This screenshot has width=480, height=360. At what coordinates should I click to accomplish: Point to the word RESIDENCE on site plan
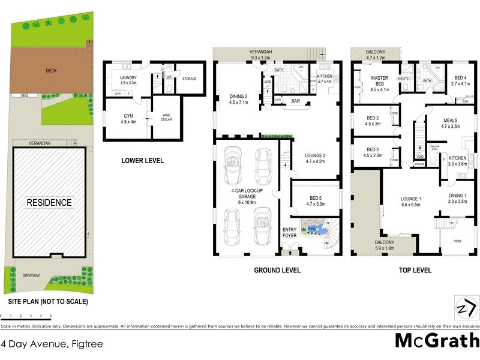tap(49, 203)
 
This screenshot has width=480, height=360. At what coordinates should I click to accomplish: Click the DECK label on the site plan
tap(51, 70)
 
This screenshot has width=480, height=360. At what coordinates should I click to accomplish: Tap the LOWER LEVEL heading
tap(142, 161)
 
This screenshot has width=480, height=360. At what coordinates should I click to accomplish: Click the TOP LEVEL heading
tap(415, 271)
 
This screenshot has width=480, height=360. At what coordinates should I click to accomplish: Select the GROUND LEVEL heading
tap(277, 271)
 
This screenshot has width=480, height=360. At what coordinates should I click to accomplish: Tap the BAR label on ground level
tap(295, 101)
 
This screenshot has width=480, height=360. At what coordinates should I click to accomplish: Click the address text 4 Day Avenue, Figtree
tap(52, 344)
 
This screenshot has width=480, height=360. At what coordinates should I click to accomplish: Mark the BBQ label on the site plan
tap(25, 95)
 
